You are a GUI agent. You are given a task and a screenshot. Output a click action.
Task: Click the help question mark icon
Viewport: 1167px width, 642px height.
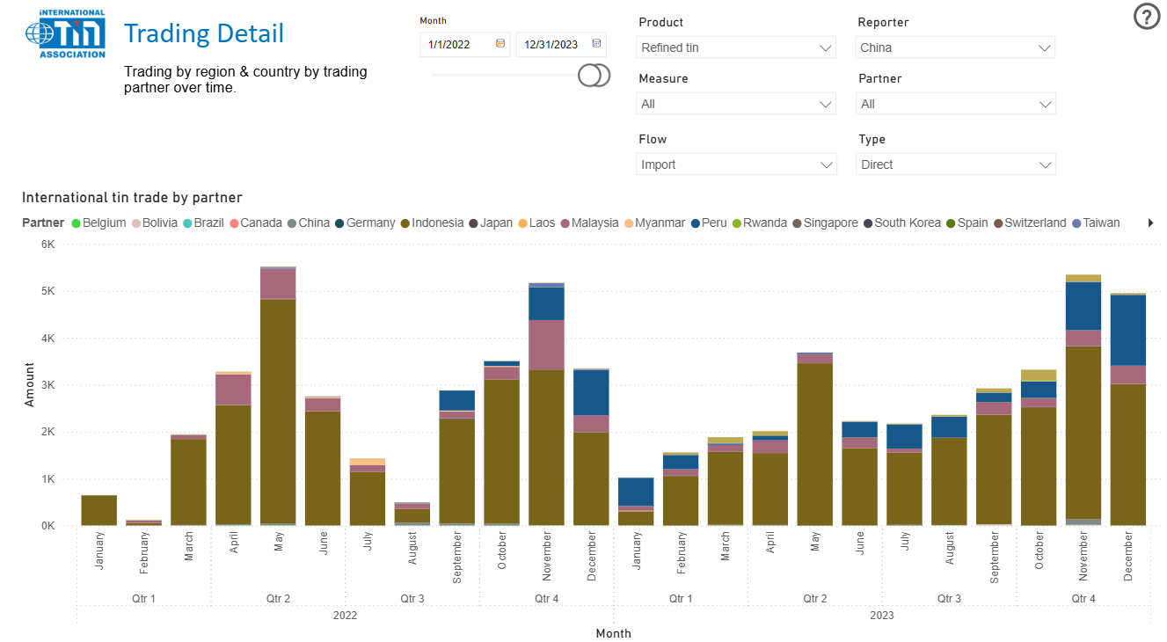pyautogui.click(x=1147, y=17)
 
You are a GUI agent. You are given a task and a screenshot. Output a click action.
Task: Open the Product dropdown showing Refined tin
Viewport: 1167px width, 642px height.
pyautogui.click(x=735, y=47)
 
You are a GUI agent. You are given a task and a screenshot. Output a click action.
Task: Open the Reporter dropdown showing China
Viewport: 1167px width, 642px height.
pyautogui.click(x=955, y=47)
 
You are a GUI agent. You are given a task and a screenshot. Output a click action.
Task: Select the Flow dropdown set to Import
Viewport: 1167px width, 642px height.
pyautogui.click(x=735, y=164)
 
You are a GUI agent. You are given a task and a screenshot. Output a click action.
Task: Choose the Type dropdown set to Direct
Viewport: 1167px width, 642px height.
pyautogui.click(x=955, y=164)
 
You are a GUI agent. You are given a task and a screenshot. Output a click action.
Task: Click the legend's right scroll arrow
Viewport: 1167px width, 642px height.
pyautogui.click(x=1150, y=223)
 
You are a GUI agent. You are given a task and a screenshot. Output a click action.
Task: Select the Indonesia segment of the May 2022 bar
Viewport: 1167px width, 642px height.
pyautogui.click(x=278, y=413)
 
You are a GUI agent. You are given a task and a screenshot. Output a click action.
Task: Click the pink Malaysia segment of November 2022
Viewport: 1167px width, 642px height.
pyautogui.click(x=546, y=345)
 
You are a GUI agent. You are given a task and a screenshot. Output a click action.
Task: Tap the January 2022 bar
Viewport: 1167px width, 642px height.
pyautogui.click(x=98, y=510)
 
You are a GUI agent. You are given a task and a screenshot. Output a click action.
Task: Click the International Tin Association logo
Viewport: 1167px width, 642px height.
pyautogui.click(x=66, y=34)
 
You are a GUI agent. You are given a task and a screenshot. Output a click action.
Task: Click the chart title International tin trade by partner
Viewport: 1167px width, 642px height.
pyautogui.click(x=132, y=198)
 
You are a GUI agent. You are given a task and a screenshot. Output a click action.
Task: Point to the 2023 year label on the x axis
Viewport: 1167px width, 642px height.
pyautogui.click(x=881, y=616)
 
